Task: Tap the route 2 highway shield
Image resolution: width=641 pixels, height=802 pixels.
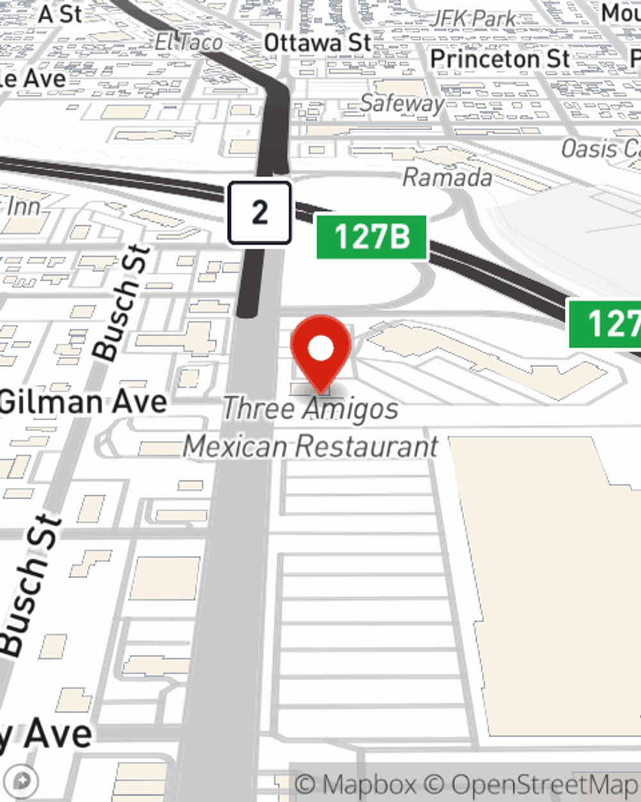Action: (x=260, y=212)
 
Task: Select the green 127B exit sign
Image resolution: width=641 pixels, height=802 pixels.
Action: (x=372, y=237)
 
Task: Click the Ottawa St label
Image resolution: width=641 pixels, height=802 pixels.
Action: (x=317, y=43)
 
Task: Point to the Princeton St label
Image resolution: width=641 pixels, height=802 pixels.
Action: (x=500, y=59)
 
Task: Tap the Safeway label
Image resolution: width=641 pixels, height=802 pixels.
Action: (x=402, y=103)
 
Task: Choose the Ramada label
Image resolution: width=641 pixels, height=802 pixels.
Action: (x=447, y=176)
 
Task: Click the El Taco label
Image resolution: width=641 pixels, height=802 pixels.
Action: (x=188, y=42)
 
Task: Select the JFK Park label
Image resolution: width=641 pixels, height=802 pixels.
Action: (x=473, y=18)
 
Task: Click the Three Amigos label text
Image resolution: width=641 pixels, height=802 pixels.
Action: (x=310, y=409)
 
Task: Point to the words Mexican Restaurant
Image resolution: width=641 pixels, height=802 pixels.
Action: (x=311, y=447)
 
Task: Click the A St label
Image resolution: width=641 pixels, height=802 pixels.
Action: (x=61, y=13)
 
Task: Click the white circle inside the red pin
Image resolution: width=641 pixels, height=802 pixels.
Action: (x=321, y=349)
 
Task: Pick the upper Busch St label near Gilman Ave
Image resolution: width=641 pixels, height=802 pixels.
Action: (x=122, y=302)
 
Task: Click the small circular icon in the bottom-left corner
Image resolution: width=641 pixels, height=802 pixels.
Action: (x=23, y=781)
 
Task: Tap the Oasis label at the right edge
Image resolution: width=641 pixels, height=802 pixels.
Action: (x=599, y=149)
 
